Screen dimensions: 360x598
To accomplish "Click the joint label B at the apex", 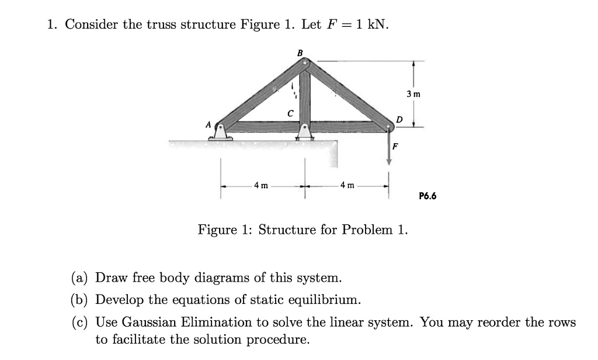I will [300, 53].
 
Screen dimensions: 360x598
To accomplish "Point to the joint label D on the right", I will [399, 120].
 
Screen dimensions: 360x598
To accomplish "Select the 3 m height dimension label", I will [413, 94].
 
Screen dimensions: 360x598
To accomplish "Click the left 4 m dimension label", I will [261, 186].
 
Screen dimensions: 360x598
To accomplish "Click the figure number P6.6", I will [427, 196].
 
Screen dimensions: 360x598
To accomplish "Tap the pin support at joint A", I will [220, 131].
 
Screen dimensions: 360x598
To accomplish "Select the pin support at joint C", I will [304, 132].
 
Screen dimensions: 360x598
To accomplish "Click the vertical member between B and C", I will [304, 94].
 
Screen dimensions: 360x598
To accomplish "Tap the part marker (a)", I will [81, 277].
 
